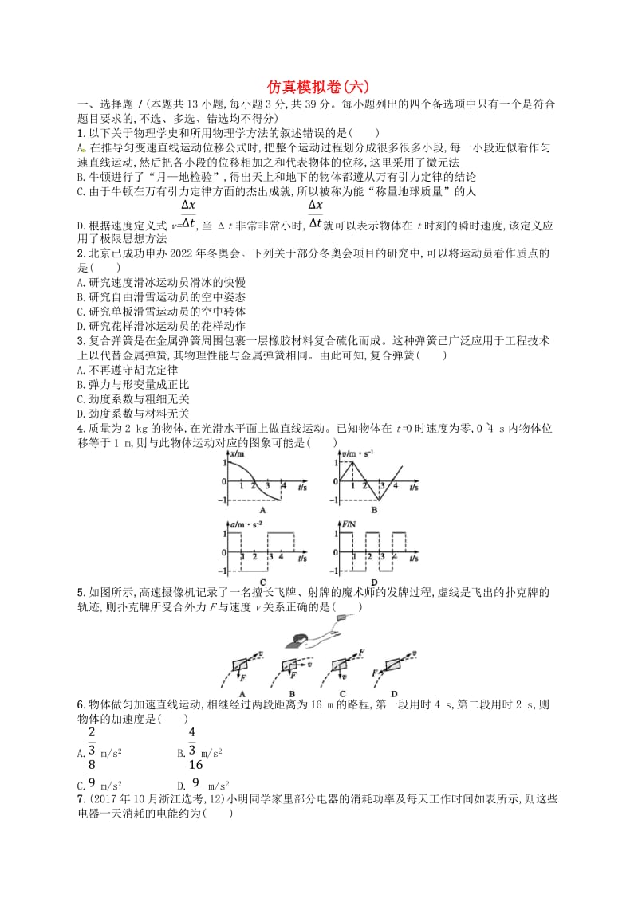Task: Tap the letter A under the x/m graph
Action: point(262,511)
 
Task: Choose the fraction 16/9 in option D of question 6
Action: point(195,775)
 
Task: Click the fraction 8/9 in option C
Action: point(92,775)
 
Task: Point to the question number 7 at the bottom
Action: point(79,799)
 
